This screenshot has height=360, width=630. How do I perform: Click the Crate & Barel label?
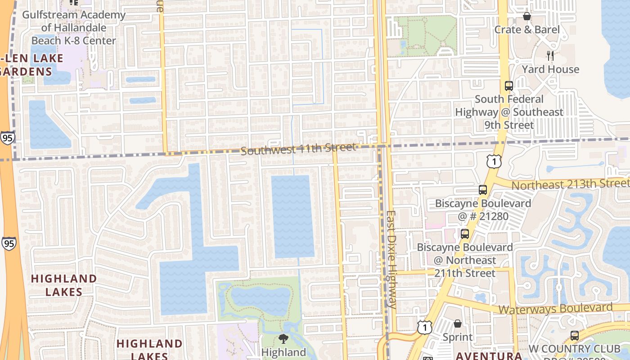527,30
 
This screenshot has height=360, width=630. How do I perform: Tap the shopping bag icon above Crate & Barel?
527,16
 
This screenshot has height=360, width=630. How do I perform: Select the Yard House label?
550,69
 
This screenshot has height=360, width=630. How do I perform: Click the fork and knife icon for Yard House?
550,55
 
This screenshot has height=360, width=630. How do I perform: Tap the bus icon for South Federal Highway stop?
509,85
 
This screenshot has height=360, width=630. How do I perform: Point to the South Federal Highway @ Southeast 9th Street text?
509,112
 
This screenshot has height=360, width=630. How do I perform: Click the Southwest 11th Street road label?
298,148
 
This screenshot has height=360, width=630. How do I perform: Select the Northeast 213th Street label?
570,184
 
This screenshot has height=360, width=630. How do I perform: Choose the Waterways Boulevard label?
556,309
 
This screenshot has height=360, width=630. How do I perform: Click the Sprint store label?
458,337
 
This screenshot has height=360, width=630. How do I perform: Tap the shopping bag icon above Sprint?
458,324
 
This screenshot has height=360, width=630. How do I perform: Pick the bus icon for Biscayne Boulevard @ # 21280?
483,190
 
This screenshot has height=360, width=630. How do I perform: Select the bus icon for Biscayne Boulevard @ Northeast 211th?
465,234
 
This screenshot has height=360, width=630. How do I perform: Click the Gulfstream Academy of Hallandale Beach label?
74,27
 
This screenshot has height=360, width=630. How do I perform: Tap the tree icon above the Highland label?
283,339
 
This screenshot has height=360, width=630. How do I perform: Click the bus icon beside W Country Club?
575,335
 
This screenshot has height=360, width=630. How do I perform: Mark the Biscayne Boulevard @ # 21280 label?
477,210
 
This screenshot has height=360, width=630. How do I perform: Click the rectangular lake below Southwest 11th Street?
293,216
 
